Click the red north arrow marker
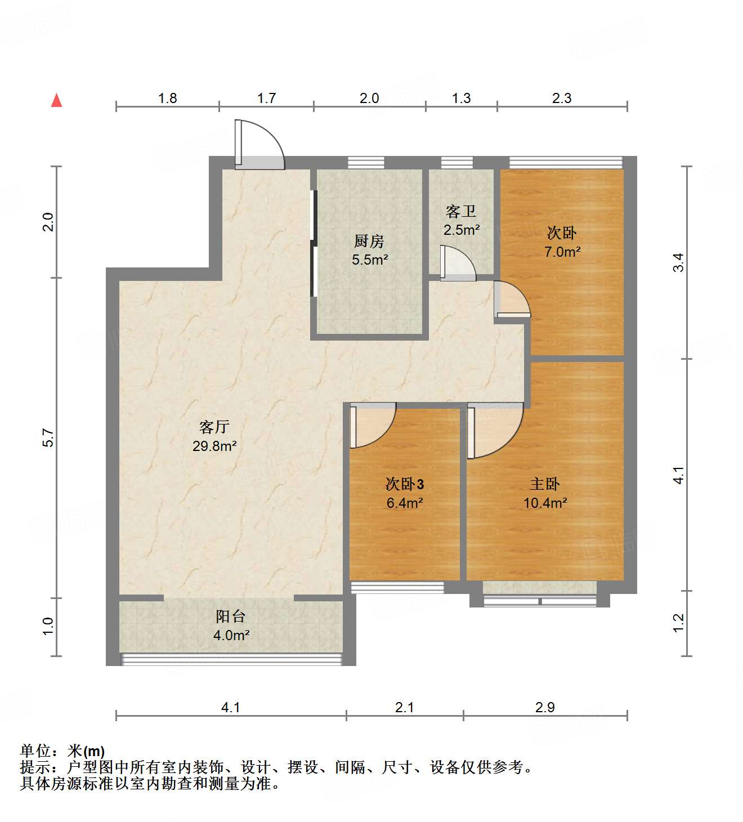[x=56, y=100]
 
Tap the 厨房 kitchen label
[x=369, y=242]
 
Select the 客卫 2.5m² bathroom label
[x=462, y=220]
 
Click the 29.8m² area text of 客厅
[x=214, y=446]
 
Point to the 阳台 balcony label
[x=231, y=616]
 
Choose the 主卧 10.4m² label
[x=545, y=493]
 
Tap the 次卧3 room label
[x=405, y=484]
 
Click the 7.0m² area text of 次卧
[x=562, y=252]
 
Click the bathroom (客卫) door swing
[x=456, y=263]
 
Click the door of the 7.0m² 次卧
[x=511, y=299]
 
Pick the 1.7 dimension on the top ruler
[x=266, y=99]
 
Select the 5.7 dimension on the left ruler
[x=48, y=437]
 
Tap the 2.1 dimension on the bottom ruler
[x=404, y=707]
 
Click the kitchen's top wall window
[x=366, y=163]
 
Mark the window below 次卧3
[x=397, y=587]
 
